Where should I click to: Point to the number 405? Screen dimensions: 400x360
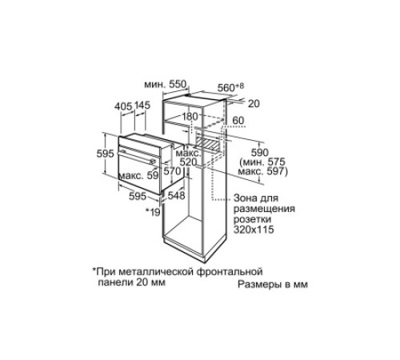click(123, 105)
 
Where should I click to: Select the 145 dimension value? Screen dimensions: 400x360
click(142, 105)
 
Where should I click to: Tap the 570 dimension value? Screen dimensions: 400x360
click(171, 170)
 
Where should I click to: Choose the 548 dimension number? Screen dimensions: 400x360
click(177, 194)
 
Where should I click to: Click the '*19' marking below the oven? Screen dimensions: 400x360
click(152, 212)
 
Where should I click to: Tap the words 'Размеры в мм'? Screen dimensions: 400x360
click(272, 284)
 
